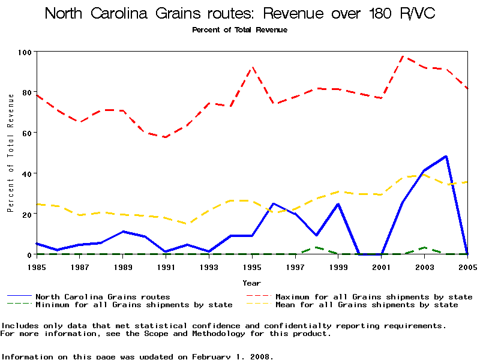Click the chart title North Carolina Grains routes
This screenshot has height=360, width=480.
tap(239, 13)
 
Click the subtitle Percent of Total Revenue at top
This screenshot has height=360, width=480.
tap(239, 30)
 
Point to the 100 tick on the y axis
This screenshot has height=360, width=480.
tap(24, 52)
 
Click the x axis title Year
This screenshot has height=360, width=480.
tap(252, 283)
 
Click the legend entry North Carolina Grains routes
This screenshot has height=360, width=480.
tap(103, 296)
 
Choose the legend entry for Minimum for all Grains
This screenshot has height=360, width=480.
tap(134, 305)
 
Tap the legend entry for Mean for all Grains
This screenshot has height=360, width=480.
tap(366, 305)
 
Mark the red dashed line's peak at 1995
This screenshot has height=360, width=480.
tap(252, 67)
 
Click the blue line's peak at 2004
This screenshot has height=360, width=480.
tap(446, 156)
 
